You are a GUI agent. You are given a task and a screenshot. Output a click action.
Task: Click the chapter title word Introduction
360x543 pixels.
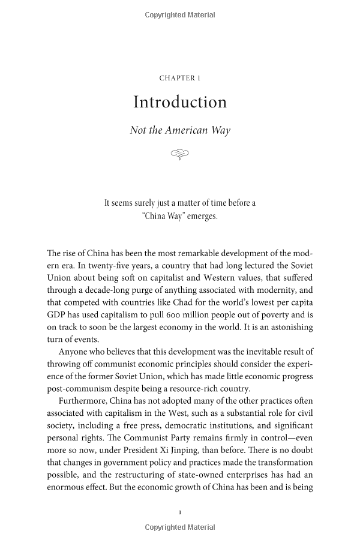pos(180,102)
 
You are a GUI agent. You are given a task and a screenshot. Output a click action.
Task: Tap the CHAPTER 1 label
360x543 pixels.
pos(180,78)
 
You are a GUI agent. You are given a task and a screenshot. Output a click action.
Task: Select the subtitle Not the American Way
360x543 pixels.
pos(180,130)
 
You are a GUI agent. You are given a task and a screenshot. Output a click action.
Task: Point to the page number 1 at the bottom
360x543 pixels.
pos(180,512)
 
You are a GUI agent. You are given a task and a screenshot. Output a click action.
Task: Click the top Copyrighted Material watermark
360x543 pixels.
pos(180,14)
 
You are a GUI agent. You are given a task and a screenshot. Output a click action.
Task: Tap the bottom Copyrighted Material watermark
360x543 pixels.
pos(180,527)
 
